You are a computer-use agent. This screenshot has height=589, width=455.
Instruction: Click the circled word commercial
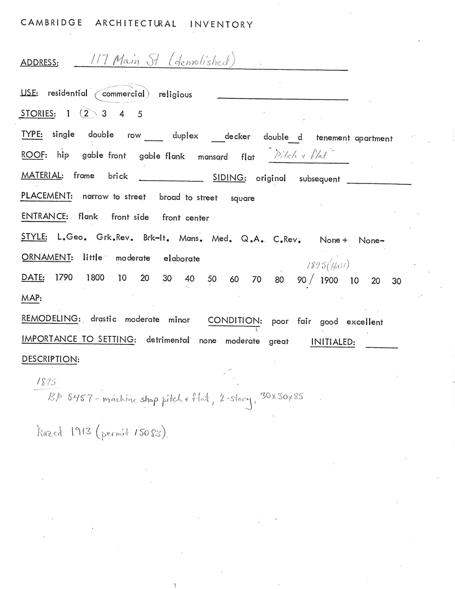(123, 94)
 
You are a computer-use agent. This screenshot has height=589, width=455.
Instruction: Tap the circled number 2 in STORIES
(86, 113)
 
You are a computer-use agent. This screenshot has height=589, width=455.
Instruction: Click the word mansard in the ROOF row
(213, 157)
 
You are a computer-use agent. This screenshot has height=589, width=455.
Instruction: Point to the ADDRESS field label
(39, 62)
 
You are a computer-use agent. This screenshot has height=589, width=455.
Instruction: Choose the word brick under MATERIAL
(118, 176)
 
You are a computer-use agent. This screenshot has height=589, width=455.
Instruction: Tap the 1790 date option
(64, 278)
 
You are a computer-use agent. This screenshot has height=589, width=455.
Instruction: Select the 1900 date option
(329, 280)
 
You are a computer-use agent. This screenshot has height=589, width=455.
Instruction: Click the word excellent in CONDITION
(364, 322)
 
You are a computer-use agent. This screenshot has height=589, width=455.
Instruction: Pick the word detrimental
(168, 340)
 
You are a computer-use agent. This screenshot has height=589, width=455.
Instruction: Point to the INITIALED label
(333, 342)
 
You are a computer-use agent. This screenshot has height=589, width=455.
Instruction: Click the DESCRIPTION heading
(50, 359)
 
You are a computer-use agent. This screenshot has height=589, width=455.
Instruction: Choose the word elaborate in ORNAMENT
(181, 259)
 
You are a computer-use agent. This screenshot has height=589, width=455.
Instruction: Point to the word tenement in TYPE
(333, 138)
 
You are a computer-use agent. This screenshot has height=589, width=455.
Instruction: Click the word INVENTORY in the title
(221, 24)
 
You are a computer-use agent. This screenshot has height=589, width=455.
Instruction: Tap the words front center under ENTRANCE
(185, 218)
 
